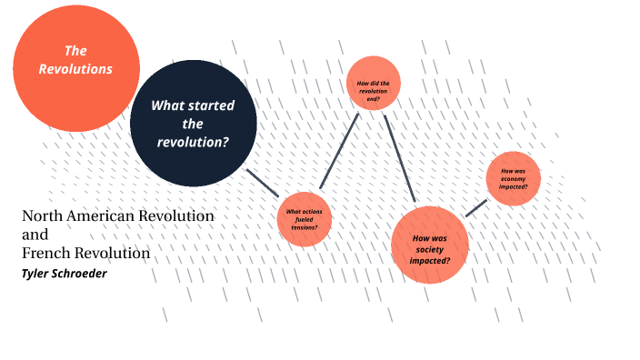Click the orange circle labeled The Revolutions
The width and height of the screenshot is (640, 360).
[x=75, y=69]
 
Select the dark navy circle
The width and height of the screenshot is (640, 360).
[x=192, y=124]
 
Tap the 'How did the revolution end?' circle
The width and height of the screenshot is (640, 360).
[x=373, y=84]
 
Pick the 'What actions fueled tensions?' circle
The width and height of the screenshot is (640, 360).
[x=304, y=219]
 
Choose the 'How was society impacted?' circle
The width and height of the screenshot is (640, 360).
[x=429, y=245]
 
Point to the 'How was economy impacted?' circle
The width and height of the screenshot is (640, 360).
[x=514, y=178]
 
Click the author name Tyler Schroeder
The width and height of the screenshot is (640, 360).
[x=65, y=273]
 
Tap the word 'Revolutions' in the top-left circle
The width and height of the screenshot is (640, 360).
[x=76, y=69]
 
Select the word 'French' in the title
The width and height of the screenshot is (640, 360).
[x=45, y=253]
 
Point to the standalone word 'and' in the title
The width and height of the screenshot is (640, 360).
[x=35, y=235]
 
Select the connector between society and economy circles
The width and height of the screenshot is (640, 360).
[x=475, y=206]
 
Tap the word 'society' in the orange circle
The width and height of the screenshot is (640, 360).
[x=429, y=248]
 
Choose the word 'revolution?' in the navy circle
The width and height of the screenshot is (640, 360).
[x=192, y=142]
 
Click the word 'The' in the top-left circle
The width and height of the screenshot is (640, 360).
[x=75, y=51]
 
